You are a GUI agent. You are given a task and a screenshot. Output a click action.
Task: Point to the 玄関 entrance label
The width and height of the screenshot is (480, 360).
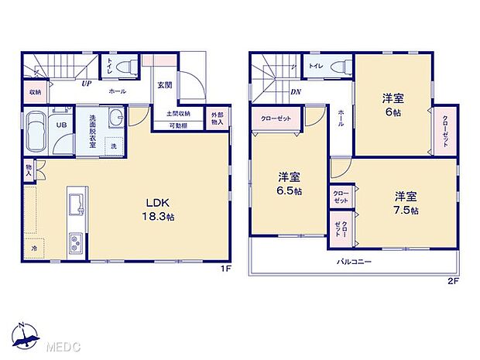tap(165, 86)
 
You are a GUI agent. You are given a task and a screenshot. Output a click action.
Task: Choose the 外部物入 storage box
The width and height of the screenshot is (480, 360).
tap(218, 118)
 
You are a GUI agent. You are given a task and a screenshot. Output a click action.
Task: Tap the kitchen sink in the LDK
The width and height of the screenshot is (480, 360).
tap(76, 205)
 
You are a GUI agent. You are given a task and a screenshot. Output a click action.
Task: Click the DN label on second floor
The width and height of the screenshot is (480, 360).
tap(295, 91)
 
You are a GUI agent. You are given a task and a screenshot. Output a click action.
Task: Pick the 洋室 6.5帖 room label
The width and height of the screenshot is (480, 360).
tap(288, 182)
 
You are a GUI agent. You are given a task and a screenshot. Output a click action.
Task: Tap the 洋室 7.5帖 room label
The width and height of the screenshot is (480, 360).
tap(405, 203)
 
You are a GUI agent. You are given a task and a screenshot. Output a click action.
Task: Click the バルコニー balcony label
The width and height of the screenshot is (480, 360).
tap(354, 262)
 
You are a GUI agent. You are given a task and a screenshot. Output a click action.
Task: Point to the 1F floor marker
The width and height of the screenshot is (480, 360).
tap(226, 269)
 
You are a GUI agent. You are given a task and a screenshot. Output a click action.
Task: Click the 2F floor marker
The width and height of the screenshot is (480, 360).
tap(454, 280)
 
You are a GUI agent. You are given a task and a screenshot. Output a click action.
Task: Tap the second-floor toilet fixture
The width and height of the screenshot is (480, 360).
tap(338, 67)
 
